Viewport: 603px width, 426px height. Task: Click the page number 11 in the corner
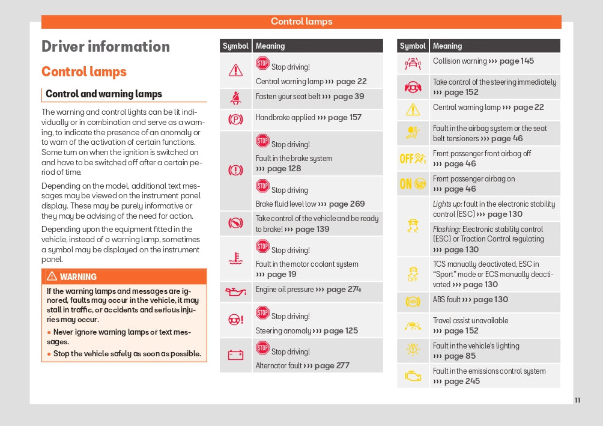pos(577,400)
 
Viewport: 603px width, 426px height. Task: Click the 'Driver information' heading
pos(106,47)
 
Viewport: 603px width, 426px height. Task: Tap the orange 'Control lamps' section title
pos(84,72)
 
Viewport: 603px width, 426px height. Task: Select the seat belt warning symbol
pos(235,97)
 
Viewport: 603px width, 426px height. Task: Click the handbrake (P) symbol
pos(235,119)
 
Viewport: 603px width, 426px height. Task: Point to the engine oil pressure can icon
pos(235,291)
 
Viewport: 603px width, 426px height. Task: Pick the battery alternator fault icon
pos(235,355)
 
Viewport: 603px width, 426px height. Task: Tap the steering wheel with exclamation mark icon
pos(235,320)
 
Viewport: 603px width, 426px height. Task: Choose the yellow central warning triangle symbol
pos(413,109)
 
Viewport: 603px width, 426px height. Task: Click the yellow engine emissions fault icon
pos(413,376)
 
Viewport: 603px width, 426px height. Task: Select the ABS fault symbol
pos(413,301)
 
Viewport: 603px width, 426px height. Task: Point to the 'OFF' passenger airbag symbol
pos(413,159)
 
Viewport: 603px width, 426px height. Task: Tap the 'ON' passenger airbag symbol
pos(413,184)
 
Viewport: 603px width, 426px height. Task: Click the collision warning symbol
pos(413,62)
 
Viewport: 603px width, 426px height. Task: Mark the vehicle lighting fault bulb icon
pos(413,351)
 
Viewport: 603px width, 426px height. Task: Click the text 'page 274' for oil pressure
pos(344,289)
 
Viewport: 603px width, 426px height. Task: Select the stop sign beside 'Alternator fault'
pos(262,348)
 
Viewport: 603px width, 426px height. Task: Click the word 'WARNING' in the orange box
pos(78,277)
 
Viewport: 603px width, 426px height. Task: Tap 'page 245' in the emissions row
pos(462,381)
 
